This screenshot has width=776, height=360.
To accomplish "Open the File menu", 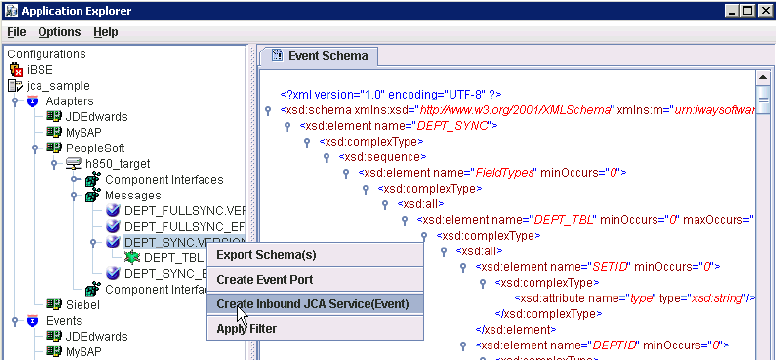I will tap(16, 32).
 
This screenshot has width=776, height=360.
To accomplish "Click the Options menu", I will tap(59, 32).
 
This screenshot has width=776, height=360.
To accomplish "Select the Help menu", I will tap(105, 32).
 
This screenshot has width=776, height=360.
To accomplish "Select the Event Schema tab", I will tap(320, 56).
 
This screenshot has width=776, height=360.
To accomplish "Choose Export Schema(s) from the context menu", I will tap(266, 254).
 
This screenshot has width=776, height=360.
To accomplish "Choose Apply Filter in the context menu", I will tap(246, 328).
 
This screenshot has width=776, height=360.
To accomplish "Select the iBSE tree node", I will tap(41, 69).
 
